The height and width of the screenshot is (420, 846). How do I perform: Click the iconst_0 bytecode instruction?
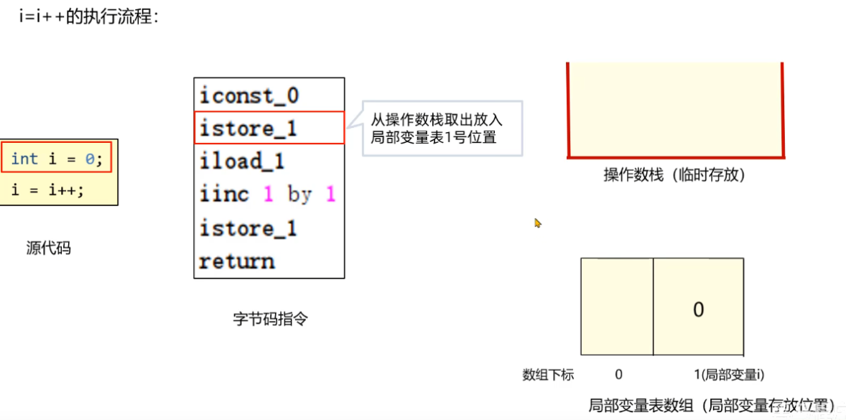pyautogui.click(x=249, y=95)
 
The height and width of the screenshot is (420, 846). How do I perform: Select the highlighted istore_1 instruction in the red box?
pyautogui.click(x=248, y=129)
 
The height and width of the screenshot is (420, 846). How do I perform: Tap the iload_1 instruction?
pyautogui.click(x=242, y=162)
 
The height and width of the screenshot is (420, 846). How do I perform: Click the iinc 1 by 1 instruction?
pyautogui.click(x=267, y=195)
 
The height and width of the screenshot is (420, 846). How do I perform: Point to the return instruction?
pyautogui.click(x=237, y=261)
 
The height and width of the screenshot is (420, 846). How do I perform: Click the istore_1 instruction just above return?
pyautogui.click(x=248, y=228)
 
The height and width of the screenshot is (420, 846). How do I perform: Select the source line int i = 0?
pyautogui.click(x=57, y=159)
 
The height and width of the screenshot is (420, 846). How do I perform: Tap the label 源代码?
pyautogui.click(x=49, y=248)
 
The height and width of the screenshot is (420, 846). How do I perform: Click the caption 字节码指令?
pyautogui.click(x=270, y=319)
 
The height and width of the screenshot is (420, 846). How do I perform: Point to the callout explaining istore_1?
pyautogui.click(x=442, y=129)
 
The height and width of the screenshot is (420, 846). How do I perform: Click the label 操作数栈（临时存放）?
pyautogui.click(x=674, y=174)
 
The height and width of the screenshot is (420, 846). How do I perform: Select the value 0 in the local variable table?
pyautogui.click(x=698, y=309)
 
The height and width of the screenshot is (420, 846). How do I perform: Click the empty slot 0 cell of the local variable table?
pyautogui.click(x=617, y=307)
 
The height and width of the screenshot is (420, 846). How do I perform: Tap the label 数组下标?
pyautogui.click(x=548, y=374)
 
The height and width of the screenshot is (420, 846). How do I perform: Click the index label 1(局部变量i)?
pyautogui.click(x=728, y=374)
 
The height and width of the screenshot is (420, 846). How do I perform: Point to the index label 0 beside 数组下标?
pyautogui.click(x=618, y=374)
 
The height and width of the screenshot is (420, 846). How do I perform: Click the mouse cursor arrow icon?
pyautogui.click(x=537, y=223)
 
